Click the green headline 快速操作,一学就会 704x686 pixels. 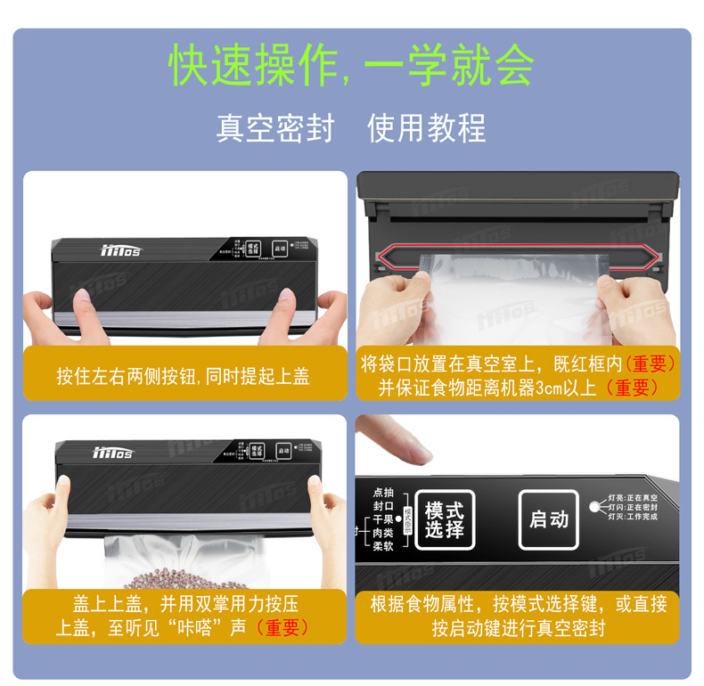click(351, 64)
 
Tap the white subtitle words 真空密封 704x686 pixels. click(274, 127)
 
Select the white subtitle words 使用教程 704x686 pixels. click(427, 127)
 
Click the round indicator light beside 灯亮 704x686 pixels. click(593, 506)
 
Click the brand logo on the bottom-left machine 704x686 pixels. click(113, 453)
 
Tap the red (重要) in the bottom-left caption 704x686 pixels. click(282, 627)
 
